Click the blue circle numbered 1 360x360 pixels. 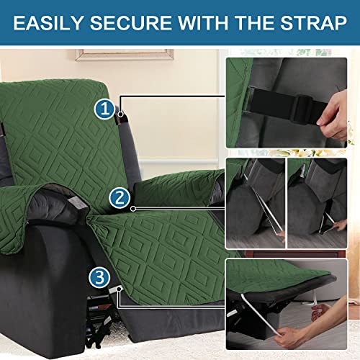click(x=104, y=109)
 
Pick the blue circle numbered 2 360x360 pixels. click(x=120, y=198)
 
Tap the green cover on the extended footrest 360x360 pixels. click(x=166, y=245)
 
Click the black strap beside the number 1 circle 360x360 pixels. click(x=120, y=114)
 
